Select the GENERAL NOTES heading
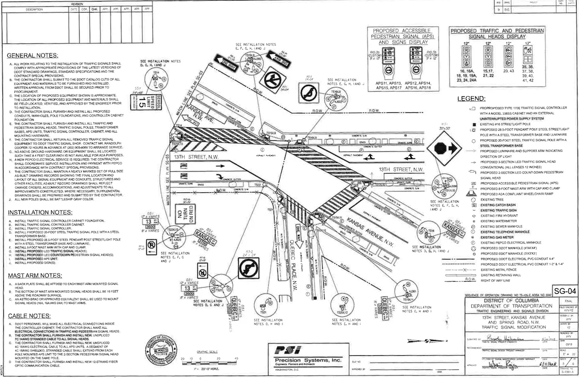[32, 55]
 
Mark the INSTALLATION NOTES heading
[40, 212]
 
